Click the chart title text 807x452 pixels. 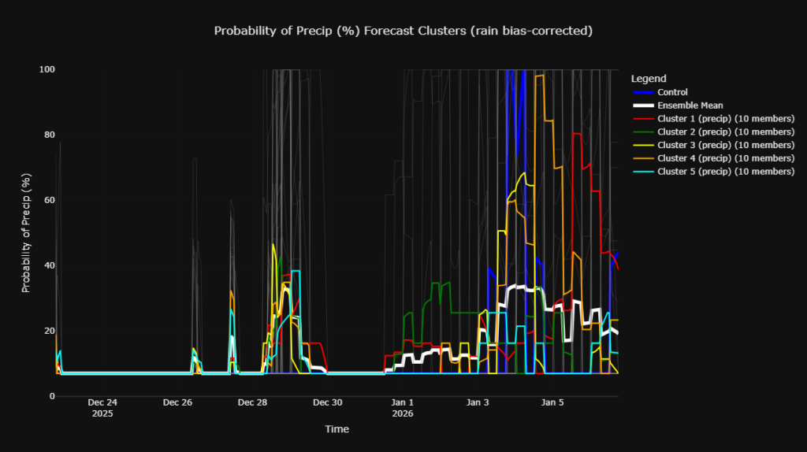click(403, 31)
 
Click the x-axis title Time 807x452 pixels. click(337, 429)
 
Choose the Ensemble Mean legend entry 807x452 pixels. click(690, 106)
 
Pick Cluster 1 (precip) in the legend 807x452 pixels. click(725, 119)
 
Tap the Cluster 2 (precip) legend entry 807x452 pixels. click(725, 132)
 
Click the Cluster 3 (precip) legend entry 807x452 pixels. click(725, 145)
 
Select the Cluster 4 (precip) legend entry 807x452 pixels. click(725, 158)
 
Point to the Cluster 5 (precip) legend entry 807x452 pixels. click(725, 171)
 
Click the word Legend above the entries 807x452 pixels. click(649, 79)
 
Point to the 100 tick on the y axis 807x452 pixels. click(46, 69)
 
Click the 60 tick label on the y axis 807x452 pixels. click(49, 200)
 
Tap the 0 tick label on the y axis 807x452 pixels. click(51, 396)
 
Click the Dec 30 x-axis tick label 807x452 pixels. click(327, 402)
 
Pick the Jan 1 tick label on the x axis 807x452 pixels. click(402, 402)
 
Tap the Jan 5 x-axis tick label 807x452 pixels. click(552, 402)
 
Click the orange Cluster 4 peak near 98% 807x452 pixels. click(540, 76)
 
